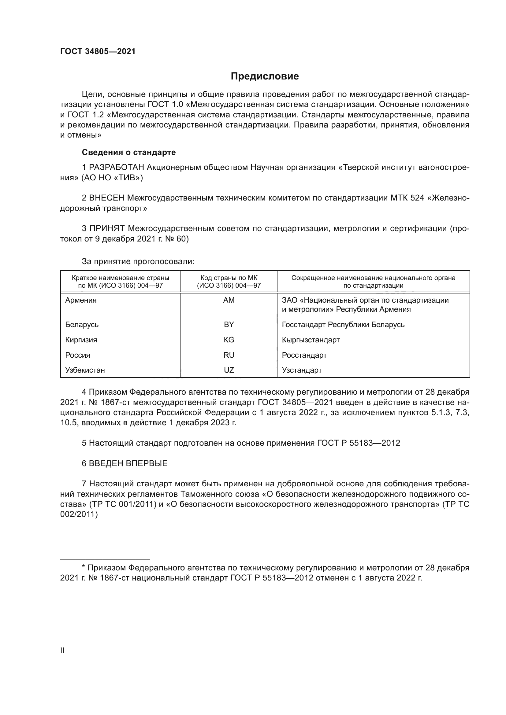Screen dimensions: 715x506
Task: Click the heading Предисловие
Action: [x=265, y=76]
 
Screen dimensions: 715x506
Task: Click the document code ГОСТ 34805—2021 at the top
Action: [x=98, y=52]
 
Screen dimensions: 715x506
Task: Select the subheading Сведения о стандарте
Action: [x=129, y=152]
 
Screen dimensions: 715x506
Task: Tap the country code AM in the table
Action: [x=229, y=300]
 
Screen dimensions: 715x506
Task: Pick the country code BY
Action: [x=229, y=325]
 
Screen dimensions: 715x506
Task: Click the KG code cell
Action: [x=229, y=340]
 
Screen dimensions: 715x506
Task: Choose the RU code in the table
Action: [x=229, y=355]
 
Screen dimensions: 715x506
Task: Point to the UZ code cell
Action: [x=229, y=370]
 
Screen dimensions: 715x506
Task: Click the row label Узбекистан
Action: [x=85, y=370]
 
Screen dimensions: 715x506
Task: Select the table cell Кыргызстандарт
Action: [x=311, y=340]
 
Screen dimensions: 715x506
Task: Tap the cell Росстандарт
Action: [x=304, y=355]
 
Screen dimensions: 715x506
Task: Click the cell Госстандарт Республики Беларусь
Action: [x=343, y=325]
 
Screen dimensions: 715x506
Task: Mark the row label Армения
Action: [x=81, y=300]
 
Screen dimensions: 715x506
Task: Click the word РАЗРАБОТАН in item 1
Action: [x=117, y=168]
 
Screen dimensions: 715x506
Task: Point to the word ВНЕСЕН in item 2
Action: [x=107, y=198]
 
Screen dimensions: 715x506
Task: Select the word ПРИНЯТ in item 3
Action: [x=107, y=229]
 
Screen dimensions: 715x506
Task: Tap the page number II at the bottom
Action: [x=62, y=651]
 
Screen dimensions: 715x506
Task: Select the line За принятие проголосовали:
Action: [x=138, y=262]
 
